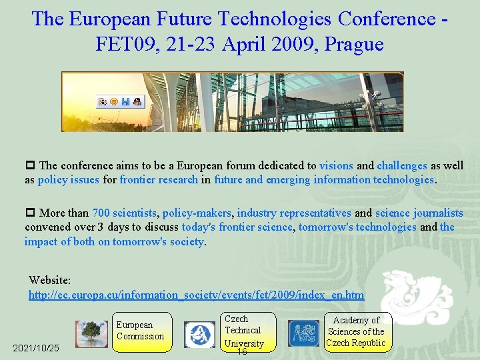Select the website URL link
coord(196,295)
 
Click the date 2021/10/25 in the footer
coord(36,349)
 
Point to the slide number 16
coord(243,352)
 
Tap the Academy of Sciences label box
coord(356,331)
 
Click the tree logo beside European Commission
coord(91,334)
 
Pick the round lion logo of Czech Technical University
coord(199,335)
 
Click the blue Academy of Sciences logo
coord(303,334)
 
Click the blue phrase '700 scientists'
coord(125,213)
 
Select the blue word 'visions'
coord(336,165)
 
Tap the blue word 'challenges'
coord(401,165)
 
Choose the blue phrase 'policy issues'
coord(68,179)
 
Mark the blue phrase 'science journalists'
coord(419,213)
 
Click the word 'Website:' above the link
coord(49,281)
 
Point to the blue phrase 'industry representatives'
coord(294,213)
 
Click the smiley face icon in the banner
coord(114,102)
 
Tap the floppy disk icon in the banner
coord(125,102)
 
